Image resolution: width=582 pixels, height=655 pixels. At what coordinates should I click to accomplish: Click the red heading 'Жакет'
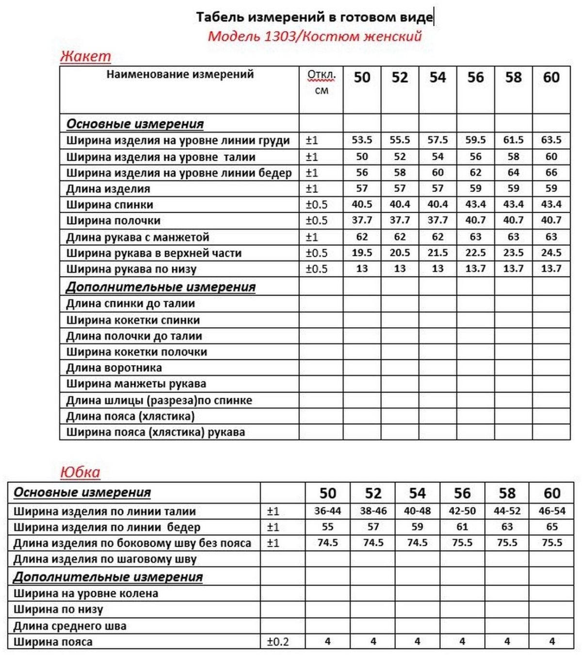click(x=85, y=56)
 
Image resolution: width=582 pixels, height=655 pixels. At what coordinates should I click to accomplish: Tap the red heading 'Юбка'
click(x=80, y=472)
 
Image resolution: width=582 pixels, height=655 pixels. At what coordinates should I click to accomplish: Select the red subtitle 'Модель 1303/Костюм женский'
click(x=315, y=36)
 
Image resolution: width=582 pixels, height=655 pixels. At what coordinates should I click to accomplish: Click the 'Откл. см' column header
click(x=321, y=83)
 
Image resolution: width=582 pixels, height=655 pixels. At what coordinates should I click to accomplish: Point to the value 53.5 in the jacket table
click(x=362, y=140)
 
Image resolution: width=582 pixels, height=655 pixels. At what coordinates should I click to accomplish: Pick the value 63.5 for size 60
click(x=551, y=140)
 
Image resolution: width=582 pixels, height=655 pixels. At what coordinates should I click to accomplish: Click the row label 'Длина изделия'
click(x=108, y=189)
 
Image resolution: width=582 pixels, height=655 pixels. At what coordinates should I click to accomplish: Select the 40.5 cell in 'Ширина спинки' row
click(x=362, y=204)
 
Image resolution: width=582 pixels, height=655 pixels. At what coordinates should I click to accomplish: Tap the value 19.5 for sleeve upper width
click(x=362, y=253)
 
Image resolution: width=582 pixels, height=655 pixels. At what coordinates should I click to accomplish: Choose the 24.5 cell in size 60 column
click(x=551, y=253)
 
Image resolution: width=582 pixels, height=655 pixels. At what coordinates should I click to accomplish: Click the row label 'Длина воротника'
click(x=114, y=368)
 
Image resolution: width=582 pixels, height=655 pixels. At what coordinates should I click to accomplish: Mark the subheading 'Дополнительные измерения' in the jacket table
click(x=161, y=287)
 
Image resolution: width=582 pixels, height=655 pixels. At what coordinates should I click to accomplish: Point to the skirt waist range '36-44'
click(x=327, y=511)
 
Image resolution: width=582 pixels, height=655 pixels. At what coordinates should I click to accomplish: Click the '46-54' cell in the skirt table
click(x=552, y=511)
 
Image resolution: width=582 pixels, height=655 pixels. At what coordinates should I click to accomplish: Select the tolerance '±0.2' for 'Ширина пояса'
click(x=278, y=642)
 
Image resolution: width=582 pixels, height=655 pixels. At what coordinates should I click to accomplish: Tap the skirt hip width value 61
click(x=462, y=527)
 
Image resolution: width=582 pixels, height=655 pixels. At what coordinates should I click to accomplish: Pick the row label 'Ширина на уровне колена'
click(x=86, y=593)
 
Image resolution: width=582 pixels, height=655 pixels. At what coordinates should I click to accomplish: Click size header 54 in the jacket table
click(x=437, y=78)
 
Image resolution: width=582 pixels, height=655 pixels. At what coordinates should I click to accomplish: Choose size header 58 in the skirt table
click(x=507, y=493)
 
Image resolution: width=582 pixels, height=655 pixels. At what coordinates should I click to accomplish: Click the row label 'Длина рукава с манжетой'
click(x=138, y=237)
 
